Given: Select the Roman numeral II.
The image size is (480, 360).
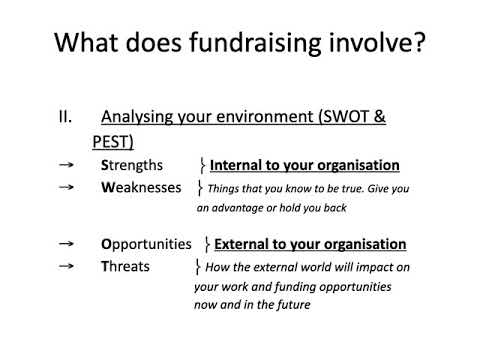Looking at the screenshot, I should (65, 117).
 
